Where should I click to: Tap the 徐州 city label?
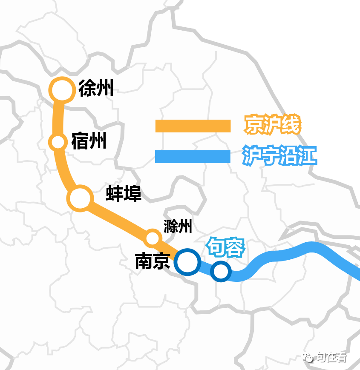tap(96, 89)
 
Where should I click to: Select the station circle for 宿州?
tap(58, 142)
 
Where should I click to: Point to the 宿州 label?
tap(89, 141)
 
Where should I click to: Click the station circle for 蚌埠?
tap(80, 198)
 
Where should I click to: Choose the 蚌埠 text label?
tap(124, 194)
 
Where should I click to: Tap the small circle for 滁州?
tap(152, 238)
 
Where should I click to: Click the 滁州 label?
tap(178, 227)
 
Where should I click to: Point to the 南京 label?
tap(153, 261)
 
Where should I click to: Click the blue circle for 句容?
tap(221, 271)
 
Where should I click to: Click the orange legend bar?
tap(193, 126)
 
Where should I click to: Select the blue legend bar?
tap(193, 157)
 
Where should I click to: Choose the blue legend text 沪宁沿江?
tap(279, 156)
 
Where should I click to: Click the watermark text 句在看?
tap(331, 357)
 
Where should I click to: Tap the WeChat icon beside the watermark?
tap(308, 357)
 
